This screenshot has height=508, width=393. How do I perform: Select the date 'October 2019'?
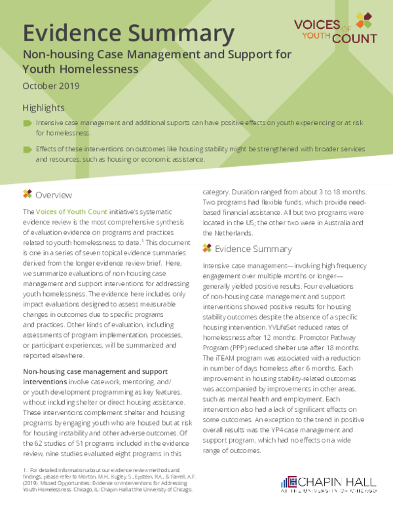click(50, 86)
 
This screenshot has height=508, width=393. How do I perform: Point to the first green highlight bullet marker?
click(27, 123)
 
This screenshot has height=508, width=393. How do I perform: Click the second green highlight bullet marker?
click(27, 149)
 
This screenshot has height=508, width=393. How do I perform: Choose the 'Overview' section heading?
click(54, 194)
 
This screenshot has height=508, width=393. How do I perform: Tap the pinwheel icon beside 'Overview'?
click(27, 194)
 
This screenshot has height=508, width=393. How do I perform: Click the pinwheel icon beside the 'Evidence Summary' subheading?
click(207, 249)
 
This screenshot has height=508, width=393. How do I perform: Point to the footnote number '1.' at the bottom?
click(26, 469)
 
